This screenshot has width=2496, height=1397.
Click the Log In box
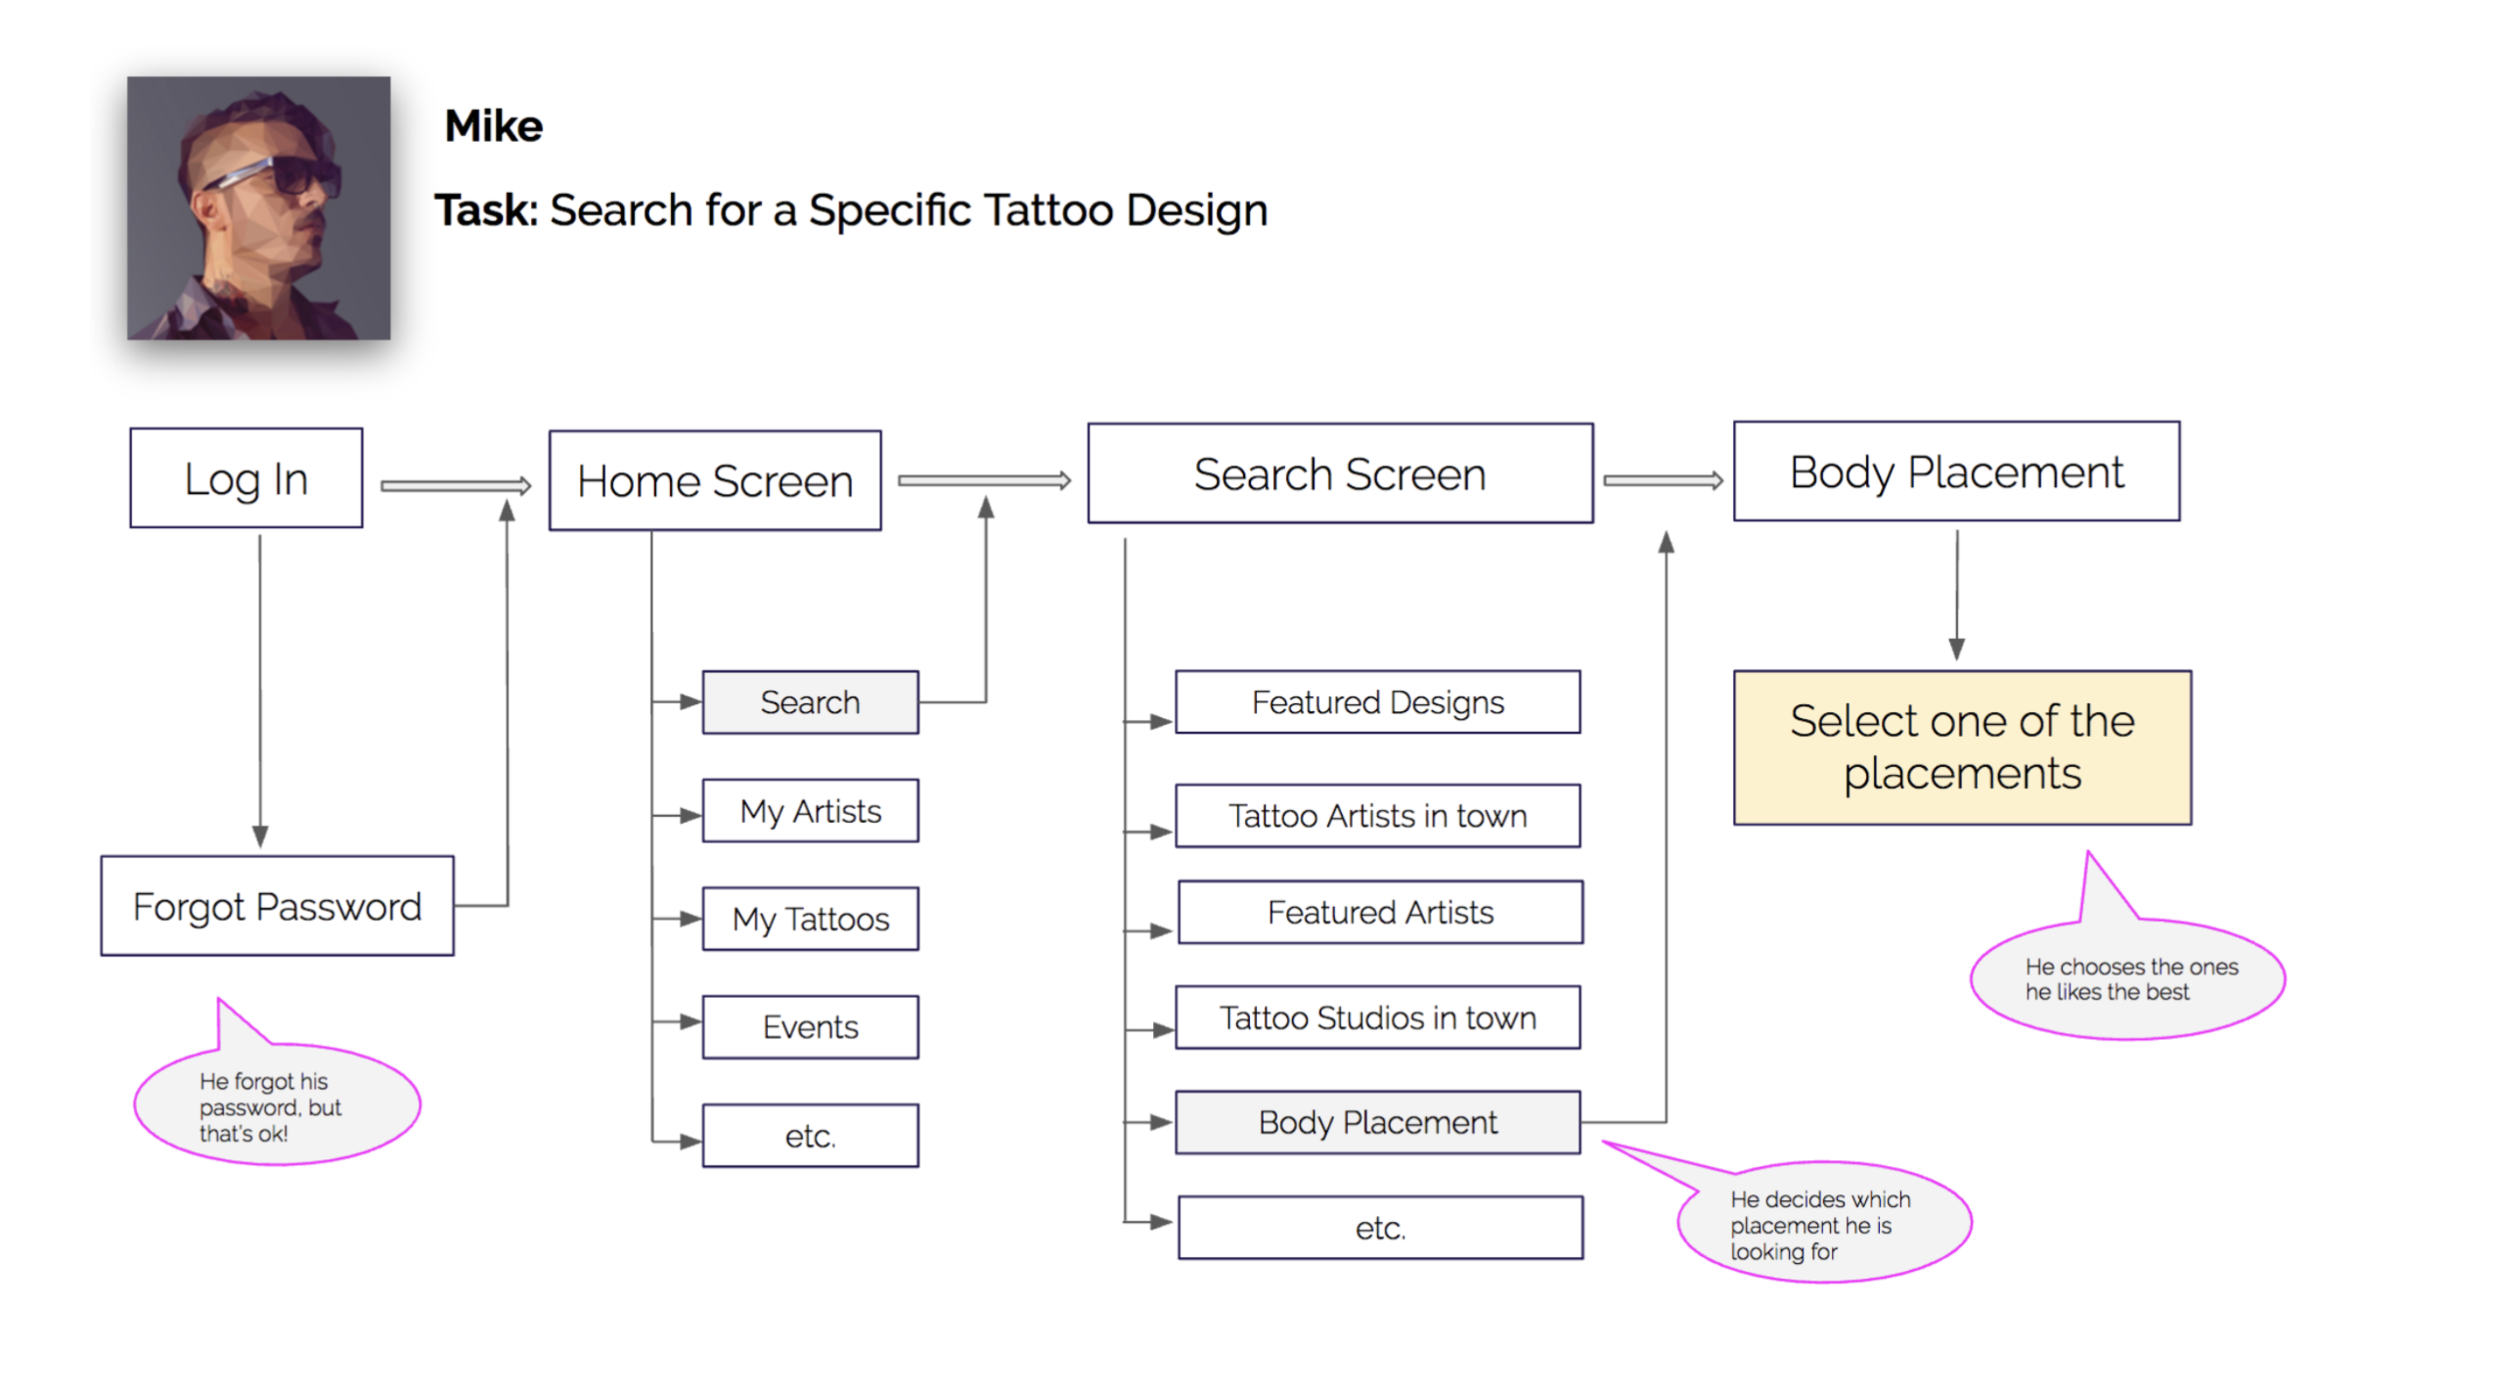click(246, 478)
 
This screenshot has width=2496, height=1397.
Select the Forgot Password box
click(278, 906)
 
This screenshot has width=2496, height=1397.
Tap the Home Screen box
click(715, 480)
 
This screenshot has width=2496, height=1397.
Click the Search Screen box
click(1340, 473)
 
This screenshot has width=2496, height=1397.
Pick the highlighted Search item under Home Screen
click(811, 702)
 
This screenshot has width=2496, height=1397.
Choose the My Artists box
click(811, 811)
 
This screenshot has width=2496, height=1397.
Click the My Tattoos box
click(811, 919)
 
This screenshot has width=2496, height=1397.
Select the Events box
click(811, 1027)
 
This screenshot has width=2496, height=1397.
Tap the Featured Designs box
click(1378, 702)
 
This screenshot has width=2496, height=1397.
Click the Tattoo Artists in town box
click(1378, 816)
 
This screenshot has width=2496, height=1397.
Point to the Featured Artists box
click(1381, 912)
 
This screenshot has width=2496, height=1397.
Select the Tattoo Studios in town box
click(1378, 1018)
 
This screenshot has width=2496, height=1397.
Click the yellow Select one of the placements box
click(1962, 748)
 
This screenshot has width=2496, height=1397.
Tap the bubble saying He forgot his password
click(278, 1103)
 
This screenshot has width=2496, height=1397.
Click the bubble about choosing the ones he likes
click(2128, 979)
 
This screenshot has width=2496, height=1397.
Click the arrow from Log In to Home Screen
click(456, 486)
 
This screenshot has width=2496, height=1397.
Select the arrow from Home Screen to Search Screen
click(984, 481)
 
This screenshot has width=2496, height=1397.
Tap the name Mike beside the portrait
click(493, 127)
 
